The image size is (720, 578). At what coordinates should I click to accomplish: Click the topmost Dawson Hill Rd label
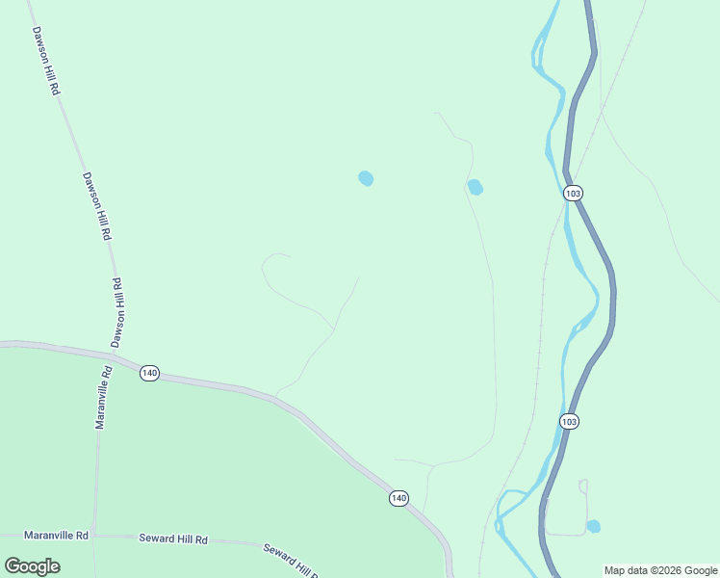[45, 59]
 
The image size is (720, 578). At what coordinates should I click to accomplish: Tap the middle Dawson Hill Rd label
[97, 205]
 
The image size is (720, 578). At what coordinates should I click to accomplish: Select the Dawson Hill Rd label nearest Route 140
[117, 313]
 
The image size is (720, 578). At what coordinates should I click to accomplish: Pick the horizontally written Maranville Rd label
[57, 535]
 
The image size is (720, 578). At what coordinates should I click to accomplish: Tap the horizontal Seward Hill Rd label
[173, 539]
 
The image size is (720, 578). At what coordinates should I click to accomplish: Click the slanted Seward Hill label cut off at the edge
[291, 561]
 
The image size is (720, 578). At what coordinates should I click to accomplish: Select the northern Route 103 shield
[574, 193]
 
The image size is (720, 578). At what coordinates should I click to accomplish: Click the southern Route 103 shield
[570, 421]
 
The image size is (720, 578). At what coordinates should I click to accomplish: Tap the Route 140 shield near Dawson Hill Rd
[148, 373]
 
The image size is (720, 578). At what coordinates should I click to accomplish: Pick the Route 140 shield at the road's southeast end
[399, 498]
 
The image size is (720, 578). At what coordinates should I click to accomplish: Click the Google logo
[33, 566]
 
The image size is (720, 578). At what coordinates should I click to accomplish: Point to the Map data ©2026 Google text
[660, 570]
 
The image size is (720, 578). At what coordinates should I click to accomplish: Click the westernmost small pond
[366, 178]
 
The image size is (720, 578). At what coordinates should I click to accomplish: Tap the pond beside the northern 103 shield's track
[475, 187]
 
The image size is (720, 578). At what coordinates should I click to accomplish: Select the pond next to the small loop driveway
[594, 526]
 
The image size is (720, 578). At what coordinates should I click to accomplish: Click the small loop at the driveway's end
[582, 486]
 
